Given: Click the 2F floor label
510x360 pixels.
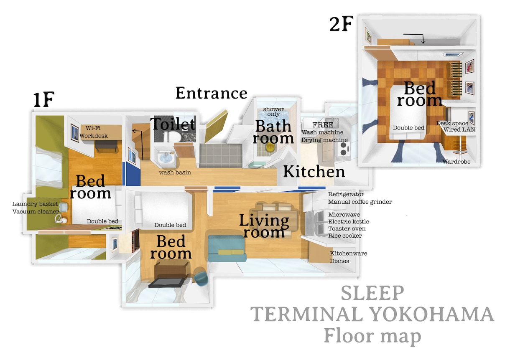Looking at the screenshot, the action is pyautogui.click(x=341, y=24).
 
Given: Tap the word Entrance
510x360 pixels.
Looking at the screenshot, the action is pyautogui.click(x=211, y=93).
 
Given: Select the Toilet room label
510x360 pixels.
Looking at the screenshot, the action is pyautogui.click(x=173, y=124).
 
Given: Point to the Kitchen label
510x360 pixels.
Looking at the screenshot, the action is pyautogui.click(x=314, y=172).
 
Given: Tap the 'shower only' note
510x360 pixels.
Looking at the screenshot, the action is pyautogui.click(x=273, y=112).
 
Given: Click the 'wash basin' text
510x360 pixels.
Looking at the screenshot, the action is pyautogui.click(x=175, y=172).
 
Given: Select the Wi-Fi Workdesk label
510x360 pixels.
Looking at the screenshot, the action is pyautogui.click(x=93, y=132).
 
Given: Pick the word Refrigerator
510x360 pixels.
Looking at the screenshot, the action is pyautogui.click(x=346, y=194).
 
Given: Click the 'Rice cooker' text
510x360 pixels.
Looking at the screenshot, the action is pyautogui.click(x=345, y=236).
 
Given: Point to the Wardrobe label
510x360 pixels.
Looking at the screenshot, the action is pyautogui.click(x=456, y=162).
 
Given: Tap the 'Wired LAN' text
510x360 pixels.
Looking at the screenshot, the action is pyautogui.click(x=459, y=129).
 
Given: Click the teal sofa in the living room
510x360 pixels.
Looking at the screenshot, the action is pyautogui.click(x=227, y=248).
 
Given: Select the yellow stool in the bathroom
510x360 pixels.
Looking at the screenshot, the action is pyautogui.click(x=270, y=147).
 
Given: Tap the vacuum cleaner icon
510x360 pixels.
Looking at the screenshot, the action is pyautogui.click(x=61, y=219).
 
